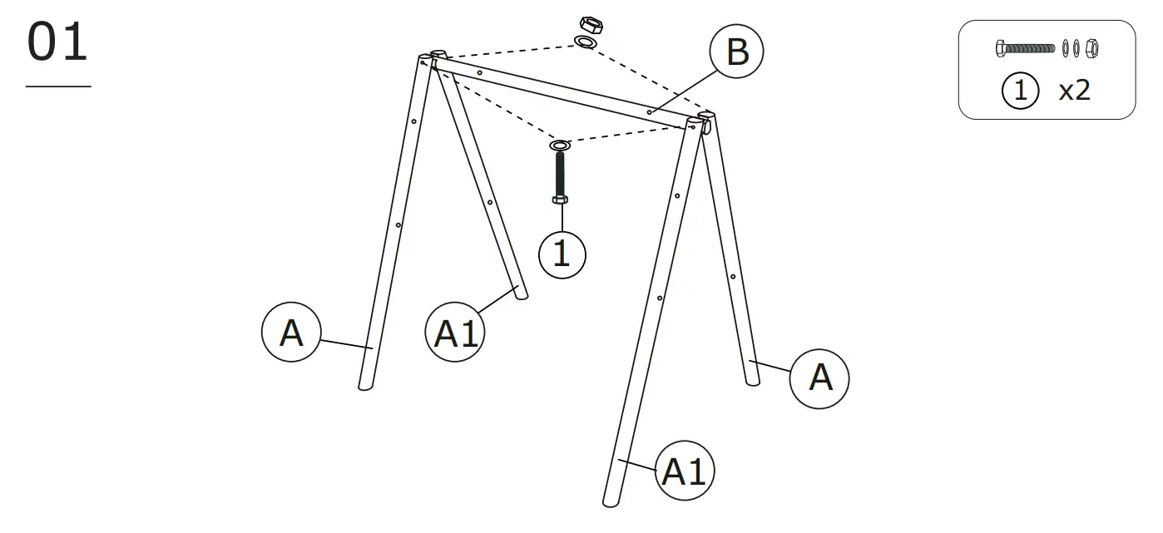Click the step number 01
coord(57,43)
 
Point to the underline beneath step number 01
coord(58,86)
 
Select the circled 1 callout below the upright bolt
coord(562,253)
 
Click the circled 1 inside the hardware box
coord(1021,91)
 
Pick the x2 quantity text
coord(1074,91)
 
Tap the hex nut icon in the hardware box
coord(1092,48)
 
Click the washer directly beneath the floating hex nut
coord(587,42)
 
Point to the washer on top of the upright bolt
coord(560,146)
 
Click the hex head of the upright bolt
coord(560,200)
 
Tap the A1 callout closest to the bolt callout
coord(456,333)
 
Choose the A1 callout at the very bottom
coord(684,471)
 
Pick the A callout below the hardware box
coord(819,378)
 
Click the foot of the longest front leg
coord(609,499)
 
